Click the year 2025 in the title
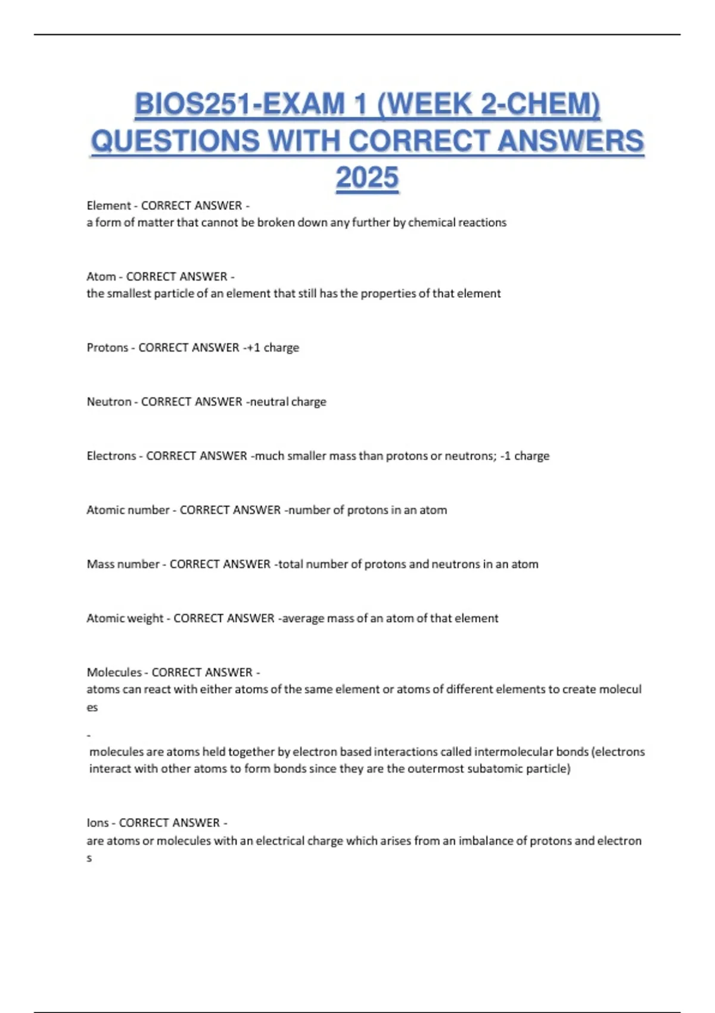click(x=366, y=178)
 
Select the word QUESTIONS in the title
click(x=175, y=141)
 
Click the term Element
click(x=108, y=206)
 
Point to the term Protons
click(x=107, y=347)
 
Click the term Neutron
click(x=109, y=402)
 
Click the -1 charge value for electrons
click(x=525, y=456)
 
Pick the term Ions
click(x=98, y=823)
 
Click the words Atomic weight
click(x=125, y=619)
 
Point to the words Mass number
click(x=123, y=564)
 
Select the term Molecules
click(x=114, y=672)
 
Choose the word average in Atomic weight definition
click(x=303, y=619)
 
